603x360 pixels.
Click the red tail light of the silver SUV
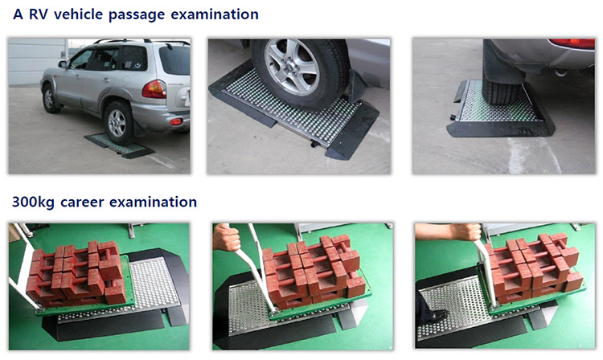pyautogui.click(x=154, y=89)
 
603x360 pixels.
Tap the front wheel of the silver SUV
pyautogui.click(x=50, y=98)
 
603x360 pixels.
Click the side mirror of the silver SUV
pyautogui.click(x=62, y=63)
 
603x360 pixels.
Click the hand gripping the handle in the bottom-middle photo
pyautogui.click(x=226, y=237)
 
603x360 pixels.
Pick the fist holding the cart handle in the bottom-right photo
pyautogui.click(x=466, y=231)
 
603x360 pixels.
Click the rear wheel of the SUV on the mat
pyautogui.click(x=118, y=123)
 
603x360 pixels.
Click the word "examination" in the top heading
pyautogui.click(x=215, y=14)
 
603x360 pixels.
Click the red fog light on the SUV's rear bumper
pyautogui.click(x=176, y=122)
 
